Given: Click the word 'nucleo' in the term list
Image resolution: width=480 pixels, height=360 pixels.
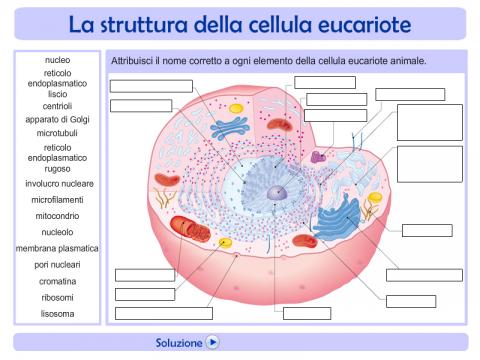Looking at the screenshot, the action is [57, 60].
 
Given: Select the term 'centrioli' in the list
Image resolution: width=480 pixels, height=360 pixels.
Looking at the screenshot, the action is [57, 106].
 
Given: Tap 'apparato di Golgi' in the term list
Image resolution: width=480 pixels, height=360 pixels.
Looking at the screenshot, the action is [57, 119].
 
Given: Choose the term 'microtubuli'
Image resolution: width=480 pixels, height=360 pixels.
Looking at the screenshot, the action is [57, 133].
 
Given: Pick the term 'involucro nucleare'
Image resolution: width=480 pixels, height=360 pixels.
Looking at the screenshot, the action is [59, 184].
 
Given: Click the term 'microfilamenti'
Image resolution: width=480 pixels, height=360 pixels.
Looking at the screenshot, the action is [57, 200].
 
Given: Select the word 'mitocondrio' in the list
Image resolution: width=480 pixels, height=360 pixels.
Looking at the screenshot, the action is [57, 216].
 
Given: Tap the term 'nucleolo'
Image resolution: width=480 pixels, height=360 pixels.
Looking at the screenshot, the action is [57, 232].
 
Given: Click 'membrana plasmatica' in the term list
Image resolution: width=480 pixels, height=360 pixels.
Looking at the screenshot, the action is [57, 248].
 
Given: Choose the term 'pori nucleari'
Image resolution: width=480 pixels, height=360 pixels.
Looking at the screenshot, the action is [57, 265].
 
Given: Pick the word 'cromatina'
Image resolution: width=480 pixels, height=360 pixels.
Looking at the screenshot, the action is [57, 281].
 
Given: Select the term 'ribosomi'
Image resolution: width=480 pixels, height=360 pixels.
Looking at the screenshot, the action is [57, 297].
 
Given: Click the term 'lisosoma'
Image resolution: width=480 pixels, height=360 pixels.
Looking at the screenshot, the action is [57, 314].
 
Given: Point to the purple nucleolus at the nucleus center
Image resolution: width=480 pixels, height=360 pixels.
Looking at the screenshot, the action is [277, 193].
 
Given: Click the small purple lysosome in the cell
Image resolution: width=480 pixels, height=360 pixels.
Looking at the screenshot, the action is [318, 157].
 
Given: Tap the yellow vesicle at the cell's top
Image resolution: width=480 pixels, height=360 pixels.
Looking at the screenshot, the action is [236, 108].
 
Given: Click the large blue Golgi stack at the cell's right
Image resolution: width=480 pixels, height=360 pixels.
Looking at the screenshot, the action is [337, 217].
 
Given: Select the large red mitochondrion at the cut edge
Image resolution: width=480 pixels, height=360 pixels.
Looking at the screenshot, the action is [189, 228].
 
